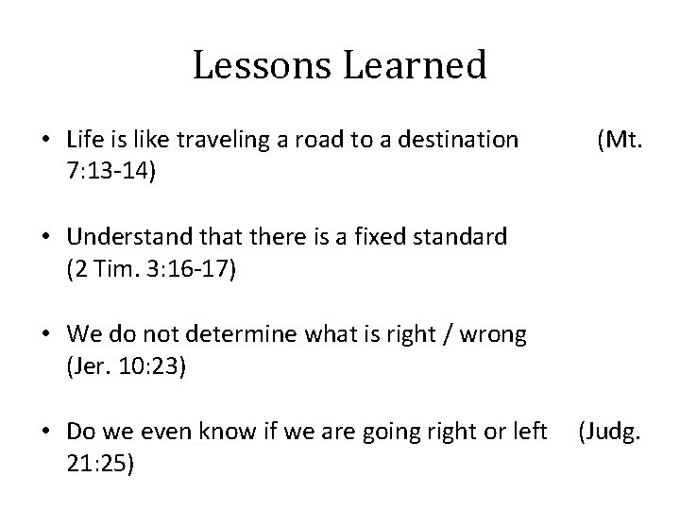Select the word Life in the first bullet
coord(83,140)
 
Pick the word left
coord(529,433)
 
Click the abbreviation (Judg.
coord(609,433)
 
